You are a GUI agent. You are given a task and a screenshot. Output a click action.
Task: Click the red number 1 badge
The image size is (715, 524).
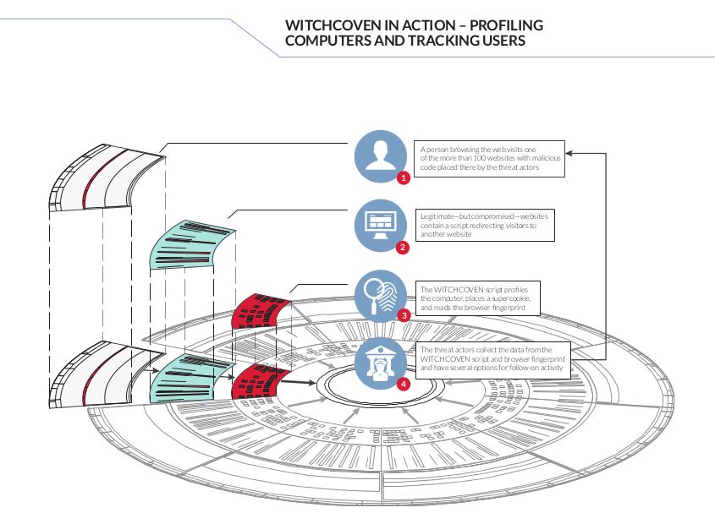403,177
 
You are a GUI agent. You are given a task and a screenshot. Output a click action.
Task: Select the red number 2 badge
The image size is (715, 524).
402,248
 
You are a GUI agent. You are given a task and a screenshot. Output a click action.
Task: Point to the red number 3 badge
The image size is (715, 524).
404,315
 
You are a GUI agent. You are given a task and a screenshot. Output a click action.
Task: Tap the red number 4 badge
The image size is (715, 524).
403,384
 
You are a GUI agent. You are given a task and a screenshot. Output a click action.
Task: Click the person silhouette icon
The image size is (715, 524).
380,156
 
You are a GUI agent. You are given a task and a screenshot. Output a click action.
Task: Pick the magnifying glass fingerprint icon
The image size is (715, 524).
380,296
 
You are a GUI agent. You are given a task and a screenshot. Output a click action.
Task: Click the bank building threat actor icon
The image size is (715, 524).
380,363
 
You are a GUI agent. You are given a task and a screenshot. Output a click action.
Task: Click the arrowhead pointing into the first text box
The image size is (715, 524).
569,153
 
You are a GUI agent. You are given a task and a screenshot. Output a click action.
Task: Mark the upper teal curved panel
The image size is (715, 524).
191,245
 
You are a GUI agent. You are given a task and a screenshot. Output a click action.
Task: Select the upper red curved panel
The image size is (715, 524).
260,311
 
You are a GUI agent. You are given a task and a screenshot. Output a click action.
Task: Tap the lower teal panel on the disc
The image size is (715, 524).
191,378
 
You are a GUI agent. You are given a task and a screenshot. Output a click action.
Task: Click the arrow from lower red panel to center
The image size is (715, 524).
297,383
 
